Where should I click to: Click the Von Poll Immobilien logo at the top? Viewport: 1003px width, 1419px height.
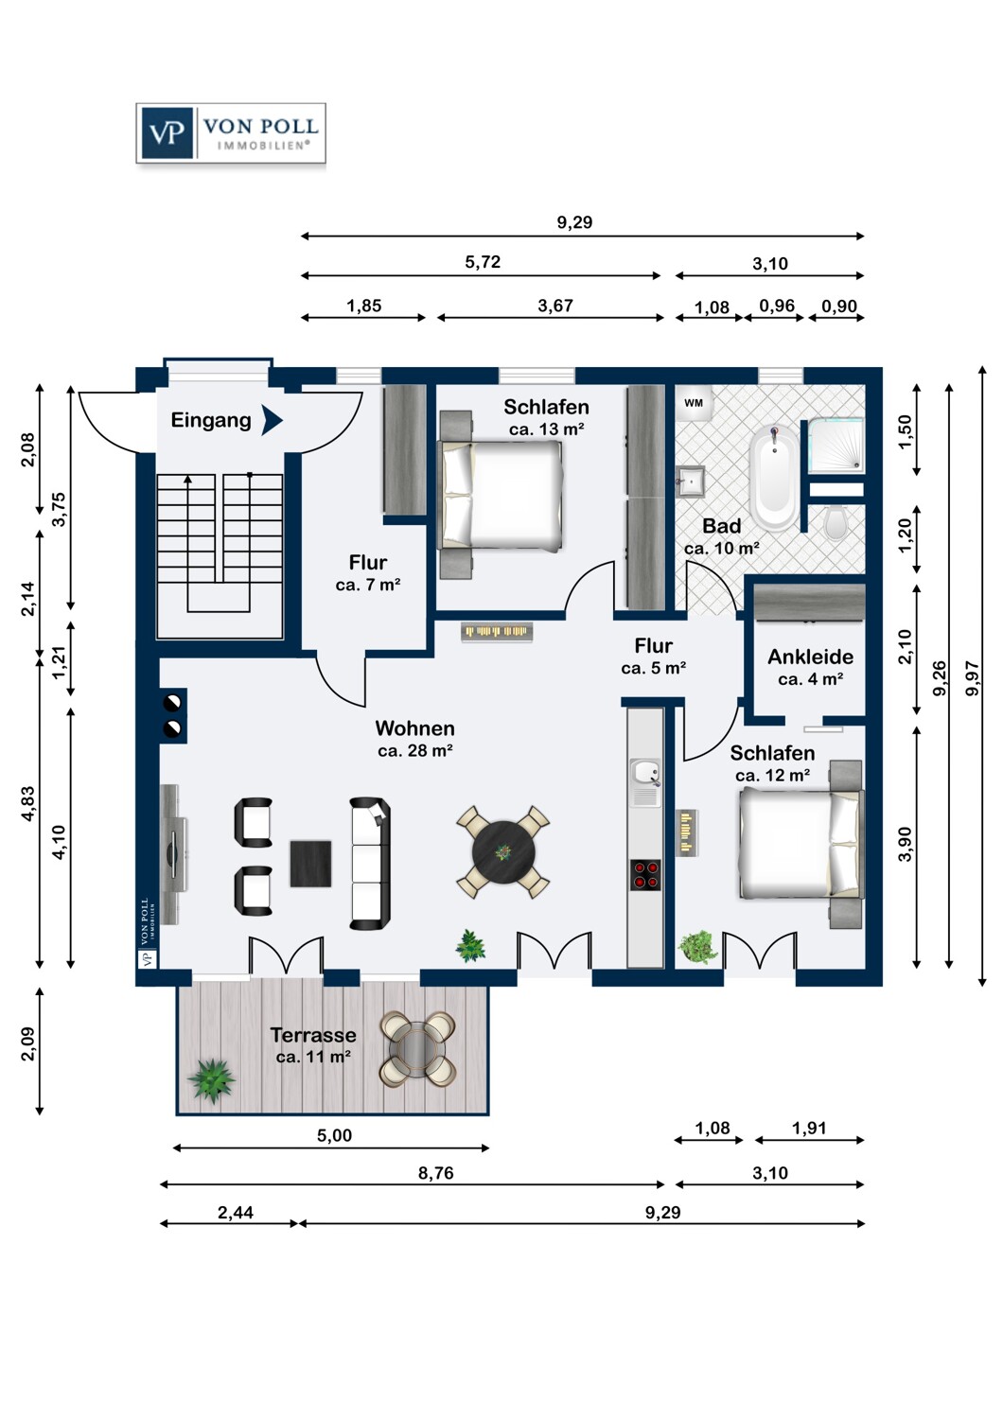tap(231, 133)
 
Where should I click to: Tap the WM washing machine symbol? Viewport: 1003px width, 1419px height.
tap(694, 403)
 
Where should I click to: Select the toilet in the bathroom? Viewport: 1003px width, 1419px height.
tap(836, 522)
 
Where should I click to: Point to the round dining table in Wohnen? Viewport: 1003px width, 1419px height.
tap(503, 852)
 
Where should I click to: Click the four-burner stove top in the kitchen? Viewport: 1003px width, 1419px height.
tap(645, 875)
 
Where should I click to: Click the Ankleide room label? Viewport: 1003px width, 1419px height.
tap(810, 657)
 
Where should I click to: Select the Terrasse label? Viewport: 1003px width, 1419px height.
tap(313, 1035)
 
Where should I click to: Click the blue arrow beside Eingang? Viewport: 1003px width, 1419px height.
tap(272, 420)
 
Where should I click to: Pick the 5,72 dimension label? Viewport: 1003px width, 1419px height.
tap(483, 262)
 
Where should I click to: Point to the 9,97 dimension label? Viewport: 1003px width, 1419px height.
tap(972, 678)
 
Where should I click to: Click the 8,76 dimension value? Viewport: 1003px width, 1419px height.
tap(436, 1173)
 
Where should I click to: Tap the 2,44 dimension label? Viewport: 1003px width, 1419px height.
tap(235, 1212)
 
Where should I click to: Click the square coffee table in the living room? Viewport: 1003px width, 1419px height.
tap(310, 864)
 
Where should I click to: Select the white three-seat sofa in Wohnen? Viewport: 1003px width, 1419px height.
tap(370, 864)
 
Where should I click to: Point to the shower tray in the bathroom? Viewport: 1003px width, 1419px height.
tap(836, 445)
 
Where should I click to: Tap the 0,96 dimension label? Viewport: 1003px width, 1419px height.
tap(777, 306)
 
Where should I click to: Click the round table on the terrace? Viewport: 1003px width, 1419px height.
tap(417, 1048)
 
